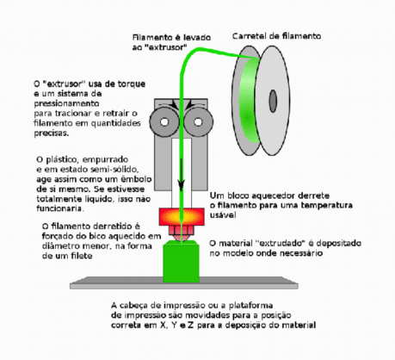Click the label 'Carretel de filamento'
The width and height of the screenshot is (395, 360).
point(277,37)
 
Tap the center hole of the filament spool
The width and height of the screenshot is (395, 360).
point(274,97)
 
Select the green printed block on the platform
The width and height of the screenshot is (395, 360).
point(182,262)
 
